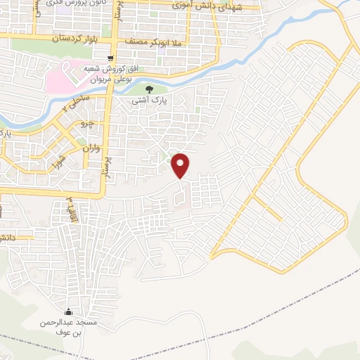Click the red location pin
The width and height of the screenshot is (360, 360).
click(x=181, y=165)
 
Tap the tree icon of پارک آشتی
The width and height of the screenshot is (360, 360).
click(x=152, y=89)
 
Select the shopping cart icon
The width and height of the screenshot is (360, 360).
click(x=110, y=59)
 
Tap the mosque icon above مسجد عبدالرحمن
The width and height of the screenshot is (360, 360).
click(x=68, y=313)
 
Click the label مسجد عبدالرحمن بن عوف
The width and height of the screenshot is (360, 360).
click(x=68, y=327)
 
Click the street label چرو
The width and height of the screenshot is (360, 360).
click(x=89, y=123)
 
